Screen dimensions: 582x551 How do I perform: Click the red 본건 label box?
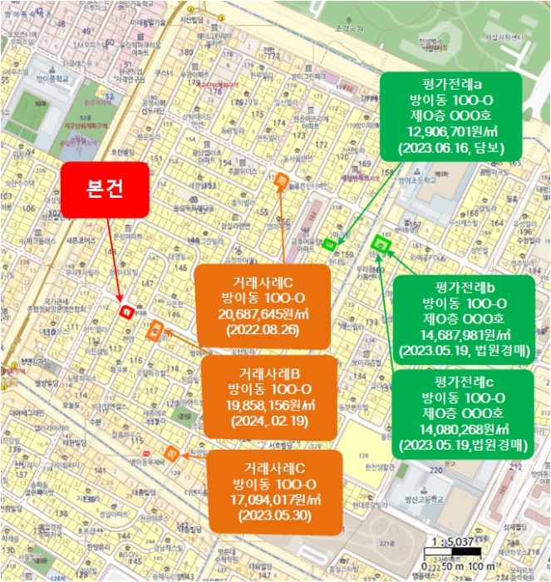point(106,188)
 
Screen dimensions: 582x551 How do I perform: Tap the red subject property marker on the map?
point(127,311)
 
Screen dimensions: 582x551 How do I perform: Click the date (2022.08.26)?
point(262,331)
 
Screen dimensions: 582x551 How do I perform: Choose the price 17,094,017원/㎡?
point(273,500)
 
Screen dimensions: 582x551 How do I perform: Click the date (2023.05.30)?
point(273,515)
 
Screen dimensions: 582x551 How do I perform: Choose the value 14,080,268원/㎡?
point(463,429)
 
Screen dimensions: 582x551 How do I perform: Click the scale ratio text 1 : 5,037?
point(448,541)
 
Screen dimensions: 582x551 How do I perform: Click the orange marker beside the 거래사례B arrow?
point(155,332)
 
